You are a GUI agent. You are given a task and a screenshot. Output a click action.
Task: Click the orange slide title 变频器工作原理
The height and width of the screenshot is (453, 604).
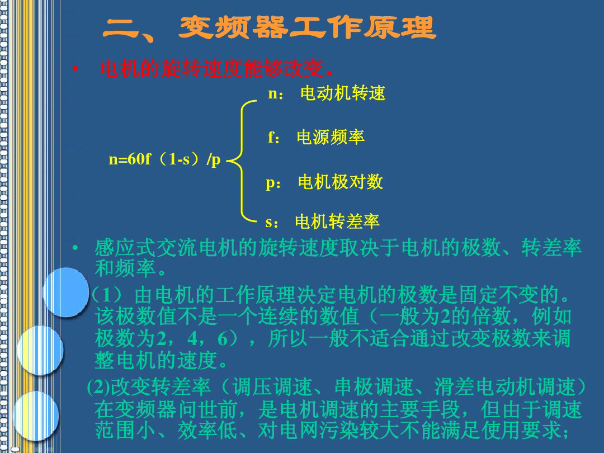tap(308, 28)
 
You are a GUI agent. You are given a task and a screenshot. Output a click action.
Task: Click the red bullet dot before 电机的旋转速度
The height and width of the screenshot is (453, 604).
tap(75, 69)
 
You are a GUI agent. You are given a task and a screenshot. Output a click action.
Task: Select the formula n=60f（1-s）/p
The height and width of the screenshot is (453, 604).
tap(164, 159)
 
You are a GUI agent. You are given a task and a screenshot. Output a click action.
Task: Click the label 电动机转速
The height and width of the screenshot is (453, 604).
tap(343, 93)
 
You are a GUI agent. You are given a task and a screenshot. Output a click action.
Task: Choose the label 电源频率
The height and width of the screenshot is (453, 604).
tap(331, 137)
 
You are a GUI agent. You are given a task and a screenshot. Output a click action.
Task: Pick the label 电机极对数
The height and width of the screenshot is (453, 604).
tap(340, 182)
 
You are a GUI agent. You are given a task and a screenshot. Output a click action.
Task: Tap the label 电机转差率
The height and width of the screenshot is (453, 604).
tap(337, 221)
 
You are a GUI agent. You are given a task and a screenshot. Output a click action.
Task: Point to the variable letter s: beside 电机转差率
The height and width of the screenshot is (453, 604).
tap(272, 223)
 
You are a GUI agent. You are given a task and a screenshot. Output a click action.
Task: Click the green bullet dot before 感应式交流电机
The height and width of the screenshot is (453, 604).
tap(75, 248)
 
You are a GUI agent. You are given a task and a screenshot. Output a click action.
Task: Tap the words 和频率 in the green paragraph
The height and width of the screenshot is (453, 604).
tap(125, 268)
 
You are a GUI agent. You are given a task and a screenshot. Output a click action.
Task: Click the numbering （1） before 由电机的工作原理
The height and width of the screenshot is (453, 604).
tap(107, 295)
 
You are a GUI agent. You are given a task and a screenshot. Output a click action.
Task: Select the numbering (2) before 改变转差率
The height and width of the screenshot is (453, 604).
tap(99, 387)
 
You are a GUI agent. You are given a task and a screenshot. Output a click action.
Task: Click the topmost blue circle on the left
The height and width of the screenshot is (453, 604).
tap(66, 292)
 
